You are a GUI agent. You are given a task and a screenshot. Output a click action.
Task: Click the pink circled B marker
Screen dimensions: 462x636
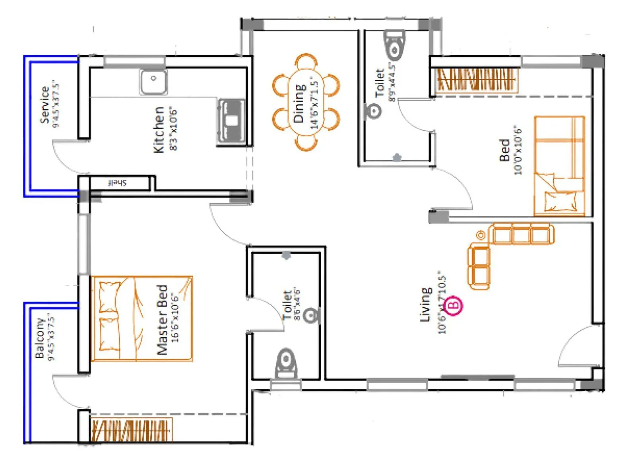pyautogui.click(x=453, y=305)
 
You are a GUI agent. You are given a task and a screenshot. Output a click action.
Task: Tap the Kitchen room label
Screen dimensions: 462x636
pyautogui.click(x=159, y=129)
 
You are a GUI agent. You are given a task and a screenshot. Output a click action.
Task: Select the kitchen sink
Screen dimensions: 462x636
pyautogui.click(x=153, y=82)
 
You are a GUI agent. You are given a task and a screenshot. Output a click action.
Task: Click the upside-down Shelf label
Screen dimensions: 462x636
pyautogui.click(x=117, y=183)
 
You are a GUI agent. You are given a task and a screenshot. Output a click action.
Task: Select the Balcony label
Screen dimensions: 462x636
pyautogui.click(x=39, y=338)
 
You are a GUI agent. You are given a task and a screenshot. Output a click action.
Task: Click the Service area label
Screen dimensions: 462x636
pyautogui.click(x=45, y=105)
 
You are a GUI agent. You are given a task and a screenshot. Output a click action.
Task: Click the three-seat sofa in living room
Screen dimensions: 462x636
pyautogui.click(x=522, y=234)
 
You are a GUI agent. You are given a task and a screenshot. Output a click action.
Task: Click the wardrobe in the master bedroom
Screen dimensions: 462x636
pyautogui.click(x=131, y=431)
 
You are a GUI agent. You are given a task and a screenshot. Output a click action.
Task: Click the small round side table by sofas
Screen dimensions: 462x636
pyautogui.click(x=481, y=235)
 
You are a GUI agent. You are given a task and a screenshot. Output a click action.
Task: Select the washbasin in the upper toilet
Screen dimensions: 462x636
pyautogui.click(x=373, y=111)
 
